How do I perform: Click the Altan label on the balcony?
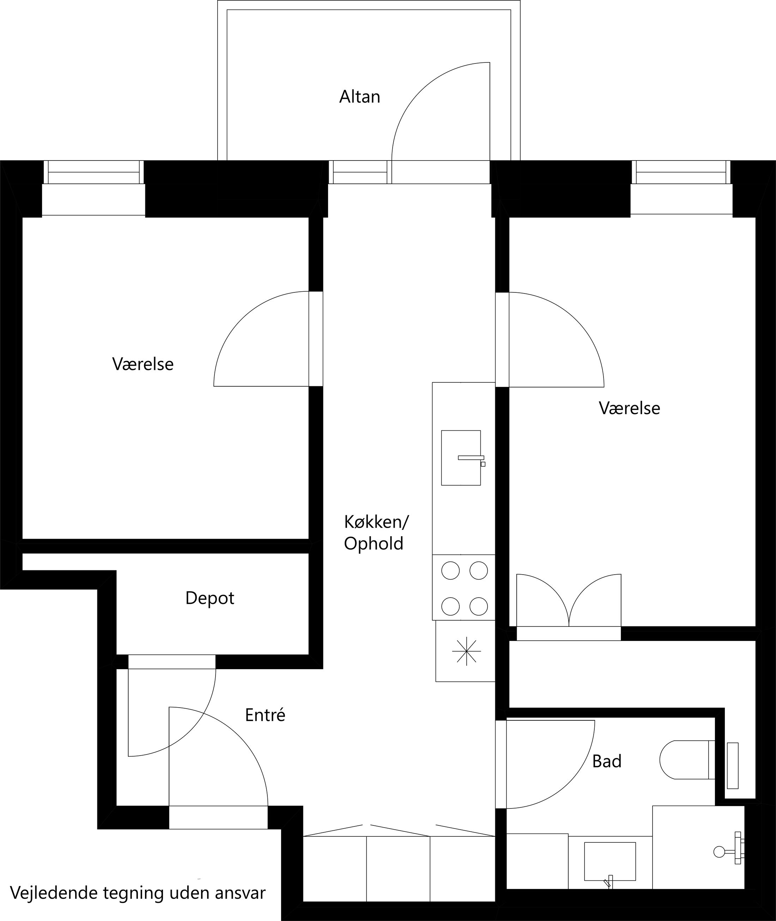(x=359, y=97)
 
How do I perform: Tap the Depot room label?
(x=210, y=598)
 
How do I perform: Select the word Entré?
(x=265, y=715)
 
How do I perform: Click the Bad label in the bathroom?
(x=607, y=761)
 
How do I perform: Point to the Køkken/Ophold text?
(x=376, y=533)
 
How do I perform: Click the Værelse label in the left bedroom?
(x=143, y=364)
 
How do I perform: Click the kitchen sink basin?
(x=460, y=458)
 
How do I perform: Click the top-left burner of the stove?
(x=450, y=571)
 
